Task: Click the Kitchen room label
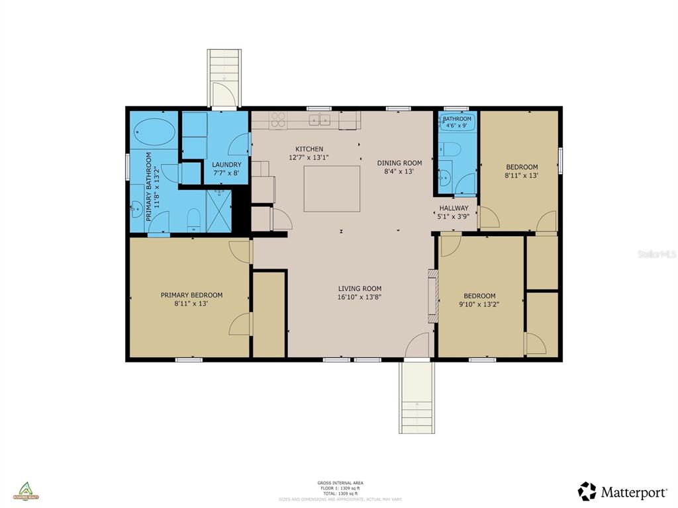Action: (x=309, y=149)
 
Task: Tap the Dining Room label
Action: (x=399, y=163)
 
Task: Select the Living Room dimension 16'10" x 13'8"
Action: (x=360, y=297)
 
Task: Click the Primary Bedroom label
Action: (x=191, y=295)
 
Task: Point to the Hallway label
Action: (x=454, y=208)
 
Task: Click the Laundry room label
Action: (x=226, y=164)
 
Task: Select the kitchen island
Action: (x=332, y=189)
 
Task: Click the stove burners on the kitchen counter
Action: (x=279, y=120)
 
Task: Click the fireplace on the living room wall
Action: (x=432, y=296)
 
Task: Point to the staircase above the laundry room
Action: (x=224, y=77)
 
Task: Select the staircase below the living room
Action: (x=416, y=397)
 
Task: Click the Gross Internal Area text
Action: (x=340, y=483)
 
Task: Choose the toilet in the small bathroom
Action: (x=446, y=149)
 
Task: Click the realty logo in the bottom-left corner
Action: (x=28, y=491)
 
